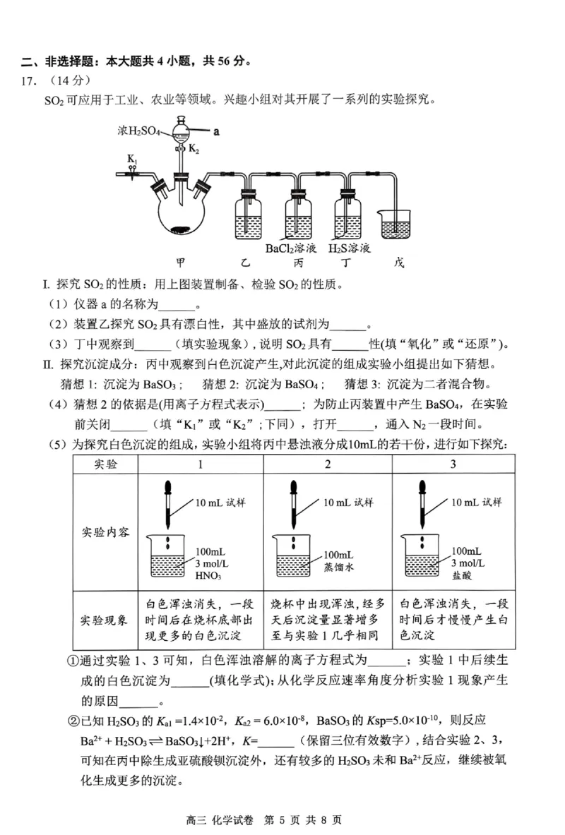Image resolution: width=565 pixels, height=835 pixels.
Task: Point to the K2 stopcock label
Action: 194,150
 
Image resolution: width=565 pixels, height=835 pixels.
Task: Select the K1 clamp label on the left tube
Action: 132,160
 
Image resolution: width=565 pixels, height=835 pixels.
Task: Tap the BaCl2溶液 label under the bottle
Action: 290,248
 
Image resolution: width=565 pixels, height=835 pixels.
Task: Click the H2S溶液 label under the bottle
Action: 350,248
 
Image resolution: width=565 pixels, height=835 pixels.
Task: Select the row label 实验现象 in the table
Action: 105,620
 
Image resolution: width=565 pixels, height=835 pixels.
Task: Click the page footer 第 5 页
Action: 282,820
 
